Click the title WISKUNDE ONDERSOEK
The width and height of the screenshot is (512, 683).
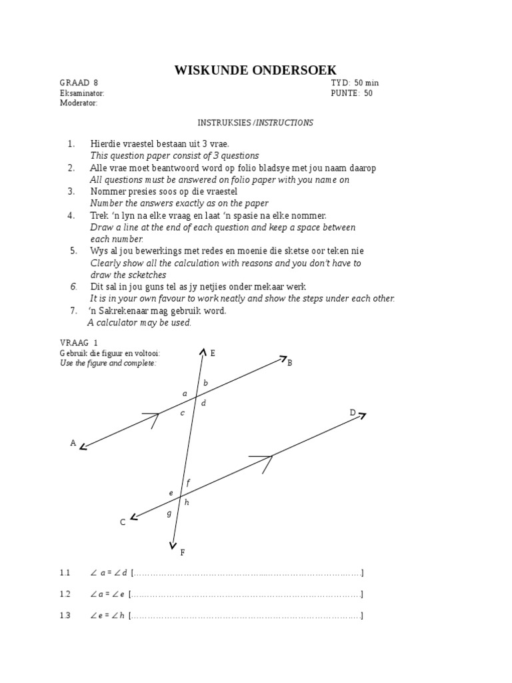[x=255, y=70]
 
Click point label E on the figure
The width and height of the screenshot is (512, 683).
[x=213, y=353]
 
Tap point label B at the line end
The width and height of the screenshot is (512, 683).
[x=290, y=363]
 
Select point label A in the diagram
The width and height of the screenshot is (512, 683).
[x=73, y=443]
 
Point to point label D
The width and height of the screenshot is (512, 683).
[x=353, y=413]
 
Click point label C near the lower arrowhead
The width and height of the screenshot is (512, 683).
[x=123, y=523]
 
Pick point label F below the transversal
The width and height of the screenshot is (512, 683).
[x=183, y=552]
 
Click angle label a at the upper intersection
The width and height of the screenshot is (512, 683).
[x=185, y=394]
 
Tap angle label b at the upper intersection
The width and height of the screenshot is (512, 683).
[x=205, y=383]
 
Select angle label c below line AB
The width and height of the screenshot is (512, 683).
[x=182, y=413]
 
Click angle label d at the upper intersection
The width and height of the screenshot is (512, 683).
[x=203, y=403]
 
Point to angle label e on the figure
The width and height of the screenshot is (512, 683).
[x=171, y=493]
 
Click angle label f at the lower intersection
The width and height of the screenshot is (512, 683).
[x=189, y=482]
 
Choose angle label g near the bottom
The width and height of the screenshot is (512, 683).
[x=169, y=513]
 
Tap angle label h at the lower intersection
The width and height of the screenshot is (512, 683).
[x=187, y=502]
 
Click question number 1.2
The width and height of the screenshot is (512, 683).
[x=65, y=594]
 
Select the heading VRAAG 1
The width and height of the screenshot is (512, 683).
[x=79, y=342]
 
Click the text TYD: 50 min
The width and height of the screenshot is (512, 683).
[x=355, y=83]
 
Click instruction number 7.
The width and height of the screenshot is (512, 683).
[x=74, y=311]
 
